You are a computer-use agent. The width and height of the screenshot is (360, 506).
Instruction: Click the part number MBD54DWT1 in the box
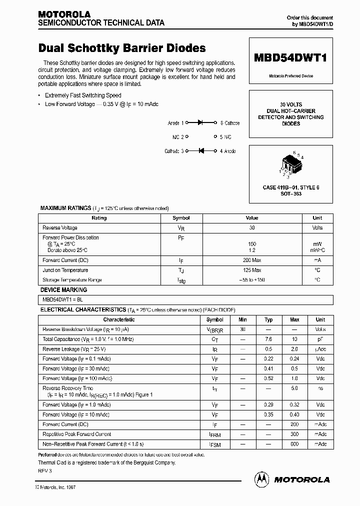pos(290,57)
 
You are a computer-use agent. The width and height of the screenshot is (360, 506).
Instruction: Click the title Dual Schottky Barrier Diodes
pos(122,48)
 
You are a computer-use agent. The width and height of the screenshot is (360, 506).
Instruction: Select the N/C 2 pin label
pos(178,136)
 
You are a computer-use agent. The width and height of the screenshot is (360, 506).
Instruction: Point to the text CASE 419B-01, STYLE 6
pos(290,187)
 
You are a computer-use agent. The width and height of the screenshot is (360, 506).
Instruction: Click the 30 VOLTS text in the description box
pos(290,104)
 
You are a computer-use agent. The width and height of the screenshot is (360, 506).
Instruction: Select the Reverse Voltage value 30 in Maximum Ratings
pos(252,227)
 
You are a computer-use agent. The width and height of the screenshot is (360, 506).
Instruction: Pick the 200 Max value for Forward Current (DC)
pos(252,260)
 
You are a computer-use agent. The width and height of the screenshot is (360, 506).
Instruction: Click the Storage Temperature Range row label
pos(72,280)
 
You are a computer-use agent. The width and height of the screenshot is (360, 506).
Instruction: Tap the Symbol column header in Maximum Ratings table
pos(181,218)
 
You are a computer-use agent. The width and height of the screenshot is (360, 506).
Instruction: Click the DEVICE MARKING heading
pos(63,290)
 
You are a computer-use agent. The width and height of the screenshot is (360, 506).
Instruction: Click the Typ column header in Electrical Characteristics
pos(268,319)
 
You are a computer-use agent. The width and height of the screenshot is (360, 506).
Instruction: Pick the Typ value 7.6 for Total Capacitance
pos(268,339)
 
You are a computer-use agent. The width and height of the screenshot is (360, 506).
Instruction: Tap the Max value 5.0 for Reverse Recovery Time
pos(294,388)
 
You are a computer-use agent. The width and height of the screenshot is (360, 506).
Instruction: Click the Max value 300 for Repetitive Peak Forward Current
pos(294,434)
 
